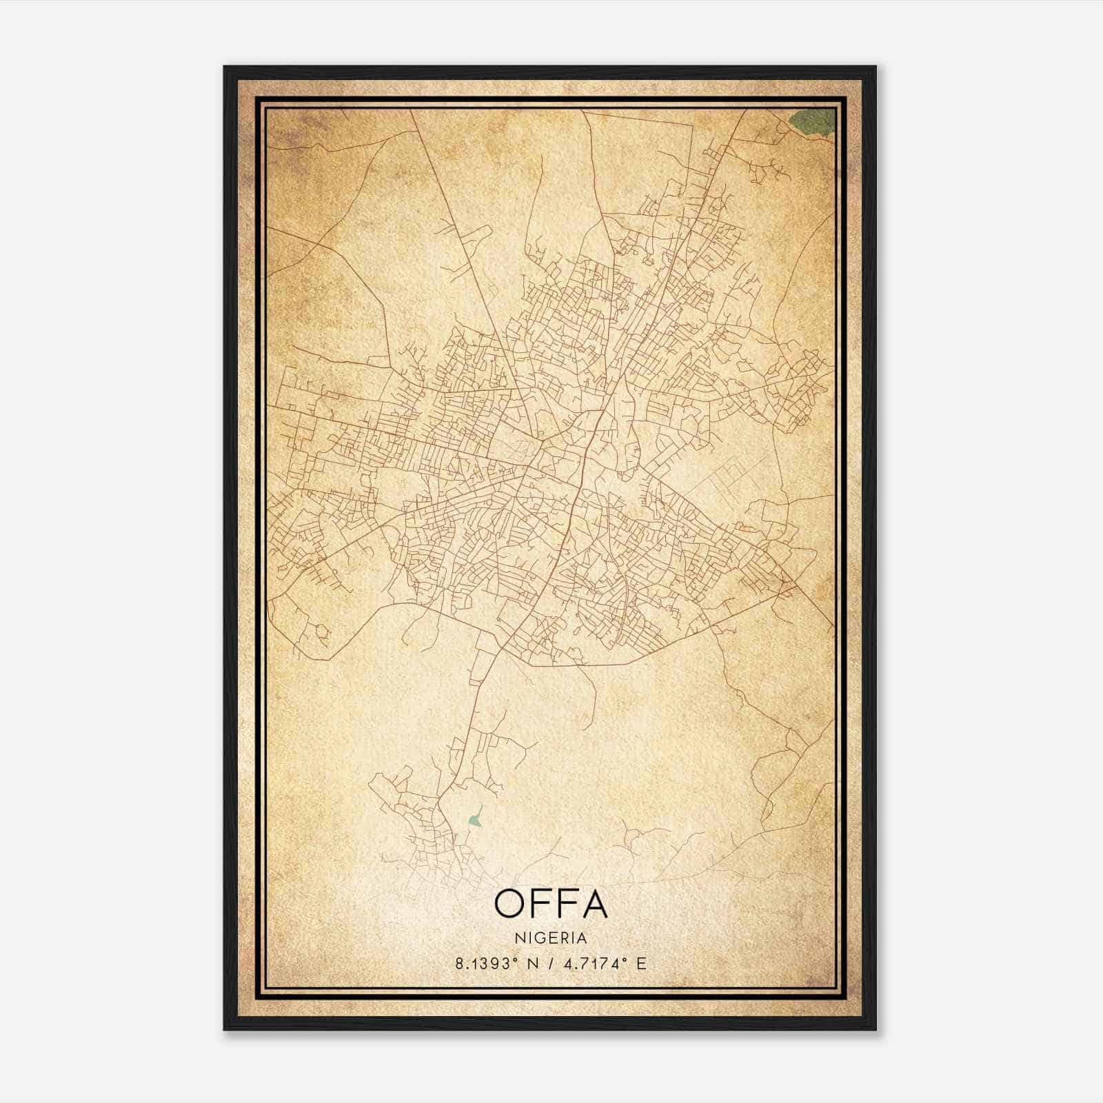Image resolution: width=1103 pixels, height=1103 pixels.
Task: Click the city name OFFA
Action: (551, 904)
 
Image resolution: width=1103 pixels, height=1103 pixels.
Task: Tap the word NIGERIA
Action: (551, 938)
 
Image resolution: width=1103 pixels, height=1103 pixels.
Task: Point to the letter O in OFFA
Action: (511, 904)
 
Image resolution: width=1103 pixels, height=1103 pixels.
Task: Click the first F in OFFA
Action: (540, 904)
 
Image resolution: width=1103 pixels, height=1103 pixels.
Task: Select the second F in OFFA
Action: (565, 904)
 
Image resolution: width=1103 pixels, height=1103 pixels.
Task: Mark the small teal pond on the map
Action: (474, 818)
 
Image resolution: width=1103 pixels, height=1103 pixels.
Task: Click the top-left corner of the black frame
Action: (225, 68)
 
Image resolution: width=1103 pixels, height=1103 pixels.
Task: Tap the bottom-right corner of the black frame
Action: (875, 1029)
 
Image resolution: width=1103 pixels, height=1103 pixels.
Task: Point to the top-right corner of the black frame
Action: (875, 68)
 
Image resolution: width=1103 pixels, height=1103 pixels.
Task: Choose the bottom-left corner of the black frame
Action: (225, 1029)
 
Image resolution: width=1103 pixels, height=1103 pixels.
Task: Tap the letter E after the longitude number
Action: (642, 964)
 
